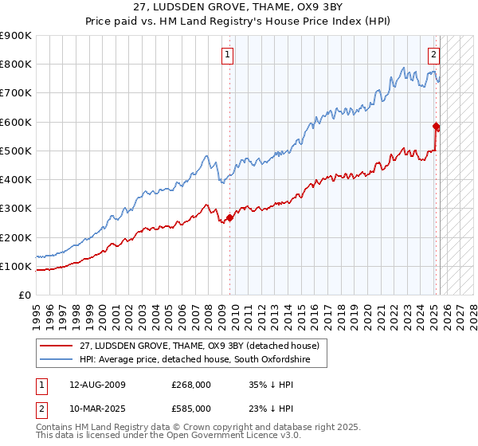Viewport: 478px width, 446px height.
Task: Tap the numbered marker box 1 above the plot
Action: [x=228, y=55]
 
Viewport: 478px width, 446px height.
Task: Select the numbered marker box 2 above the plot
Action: [x=433, y=55]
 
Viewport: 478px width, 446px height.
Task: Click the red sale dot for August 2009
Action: [x=229, y=217]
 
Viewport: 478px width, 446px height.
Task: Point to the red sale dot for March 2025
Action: [x=437, y=126]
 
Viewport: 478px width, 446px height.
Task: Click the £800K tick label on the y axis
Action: [x=16, y=65]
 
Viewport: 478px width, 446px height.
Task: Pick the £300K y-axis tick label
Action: [x=16, y=209]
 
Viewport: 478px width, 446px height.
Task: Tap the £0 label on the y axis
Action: [x=25, y=295]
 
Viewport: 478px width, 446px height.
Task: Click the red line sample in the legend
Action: [x=57, y=346]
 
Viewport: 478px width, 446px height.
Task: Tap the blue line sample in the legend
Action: [x=57, y=361]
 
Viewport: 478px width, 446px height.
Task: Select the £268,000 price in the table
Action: [x=191, y=385]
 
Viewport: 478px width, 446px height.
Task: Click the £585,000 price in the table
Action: [x=191, y=408]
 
